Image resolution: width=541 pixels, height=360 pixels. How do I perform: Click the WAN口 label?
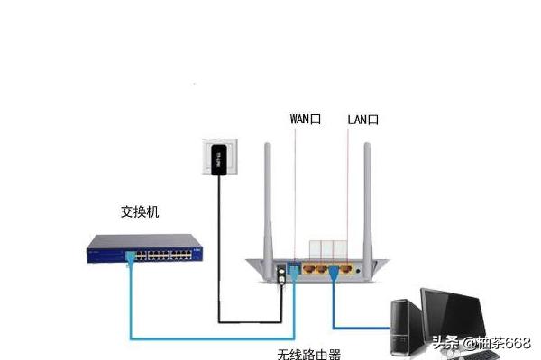coord(305,119)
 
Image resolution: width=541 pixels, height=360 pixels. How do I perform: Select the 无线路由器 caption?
coord(309,354)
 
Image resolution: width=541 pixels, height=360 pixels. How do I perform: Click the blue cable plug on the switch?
coord(131,257)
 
